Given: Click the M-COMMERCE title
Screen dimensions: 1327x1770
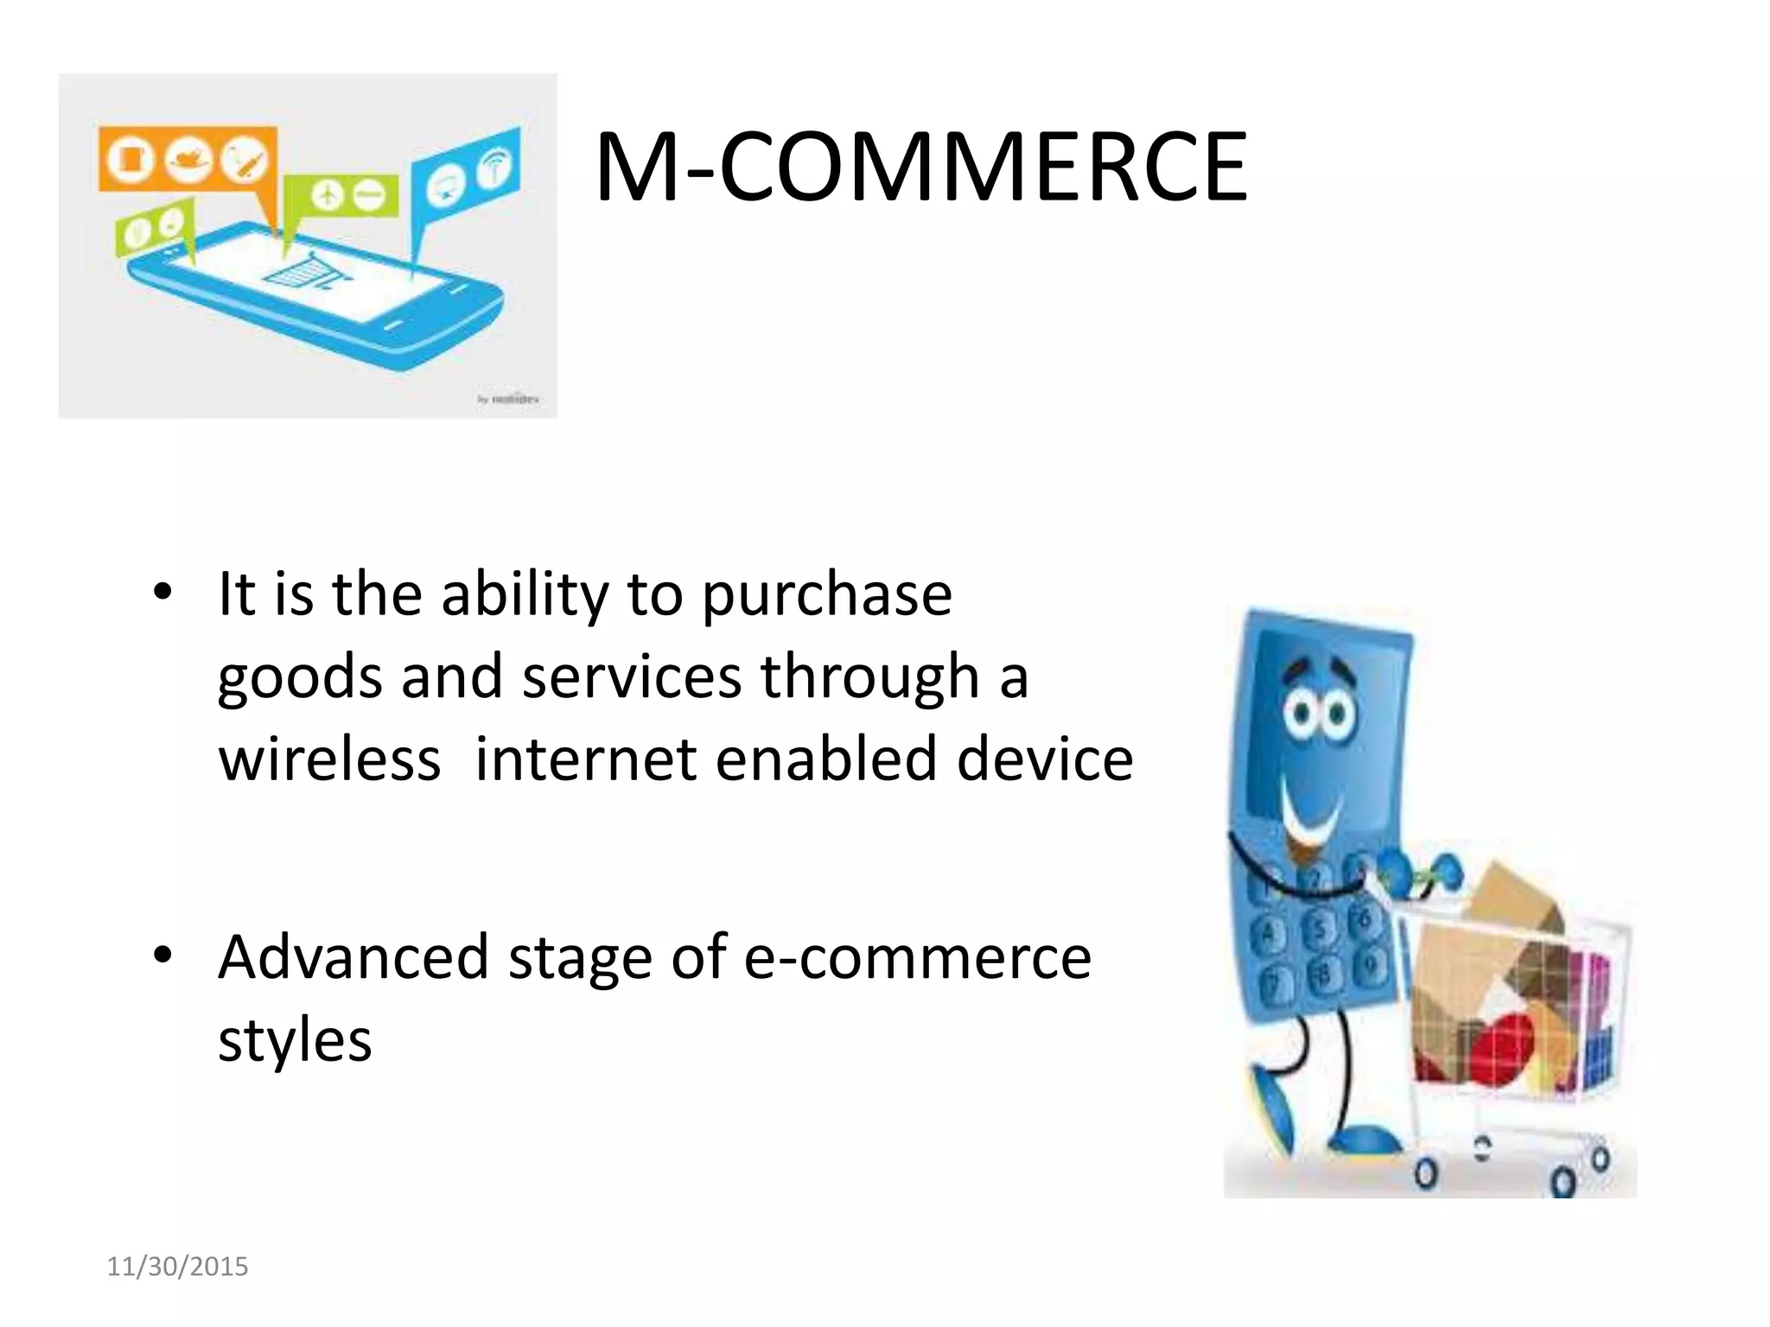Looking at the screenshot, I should (x=920, y=167).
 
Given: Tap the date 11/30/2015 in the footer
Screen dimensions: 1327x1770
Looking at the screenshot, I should (x=177, y=1267).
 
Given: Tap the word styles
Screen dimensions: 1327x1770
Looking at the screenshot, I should (x=295, y=1040).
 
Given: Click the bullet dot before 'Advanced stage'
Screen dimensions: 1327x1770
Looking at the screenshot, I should (x=162, y=956).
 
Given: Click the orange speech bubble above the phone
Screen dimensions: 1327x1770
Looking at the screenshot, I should (x=188, y=159).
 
